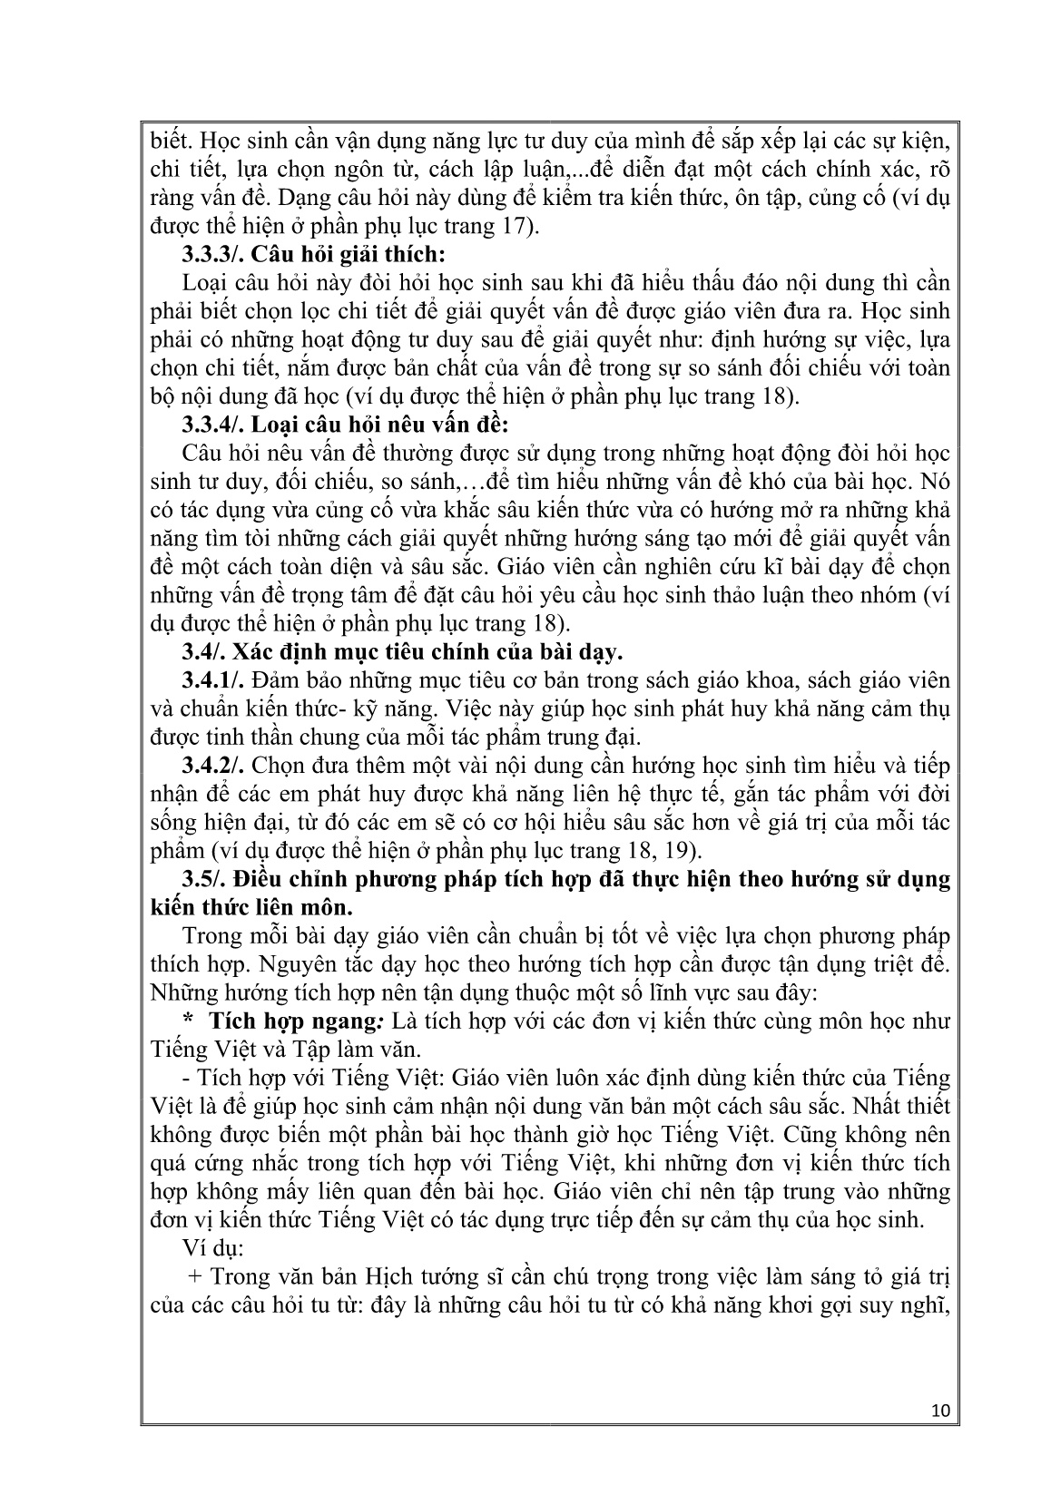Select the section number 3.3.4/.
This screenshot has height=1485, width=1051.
(x=214, y=424)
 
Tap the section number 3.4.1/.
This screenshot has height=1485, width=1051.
(x=214, y=679)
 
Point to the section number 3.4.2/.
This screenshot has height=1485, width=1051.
(x=214, y=765)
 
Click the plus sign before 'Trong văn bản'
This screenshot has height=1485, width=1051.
(x=194, y=1277)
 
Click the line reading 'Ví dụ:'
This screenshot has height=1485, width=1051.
(x=207, y=1248)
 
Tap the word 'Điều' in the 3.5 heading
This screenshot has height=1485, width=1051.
(x=258, y=879)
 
